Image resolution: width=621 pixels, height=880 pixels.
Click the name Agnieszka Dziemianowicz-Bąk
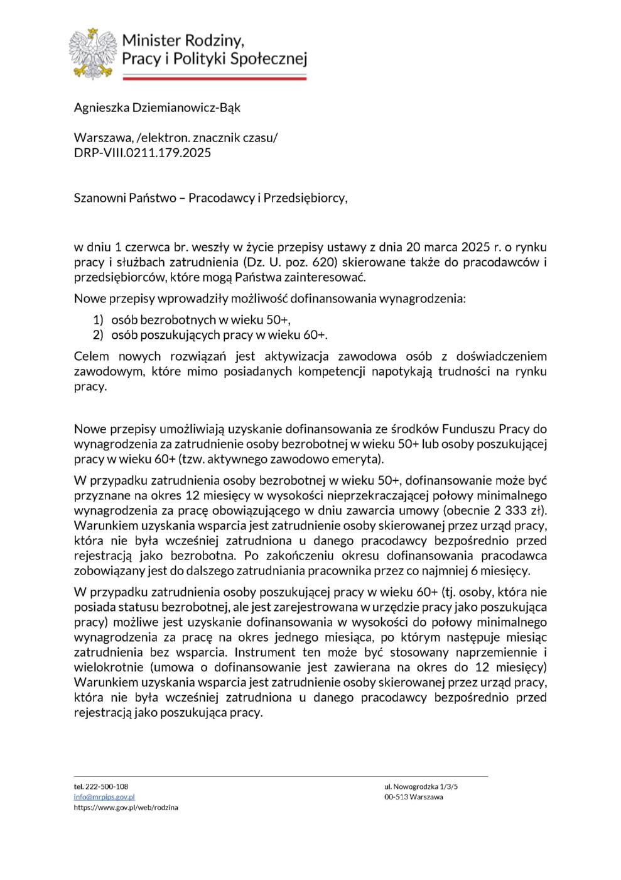pos(157,107)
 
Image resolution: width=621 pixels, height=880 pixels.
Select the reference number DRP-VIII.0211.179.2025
pos(143,153)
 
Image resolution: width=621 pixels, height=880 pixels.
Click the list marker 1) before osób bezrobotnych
pos(99,319)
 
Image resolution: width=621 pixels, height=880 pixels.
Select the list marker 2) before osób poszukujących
pos(99,334)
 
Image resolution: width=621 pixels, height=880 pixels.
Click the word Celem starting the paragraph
pos(92,356)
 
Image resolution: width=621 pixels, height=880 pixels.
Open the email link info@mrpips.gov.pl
pos(100,796)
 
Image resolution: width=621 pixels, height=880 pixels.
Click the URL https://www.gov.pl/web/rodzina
pos(126,807)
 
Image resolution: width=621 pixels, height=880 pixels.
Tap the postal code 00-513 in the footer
pos(395,796)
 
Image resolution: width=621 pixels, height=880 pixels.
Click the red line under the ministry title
pos(213,77)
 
